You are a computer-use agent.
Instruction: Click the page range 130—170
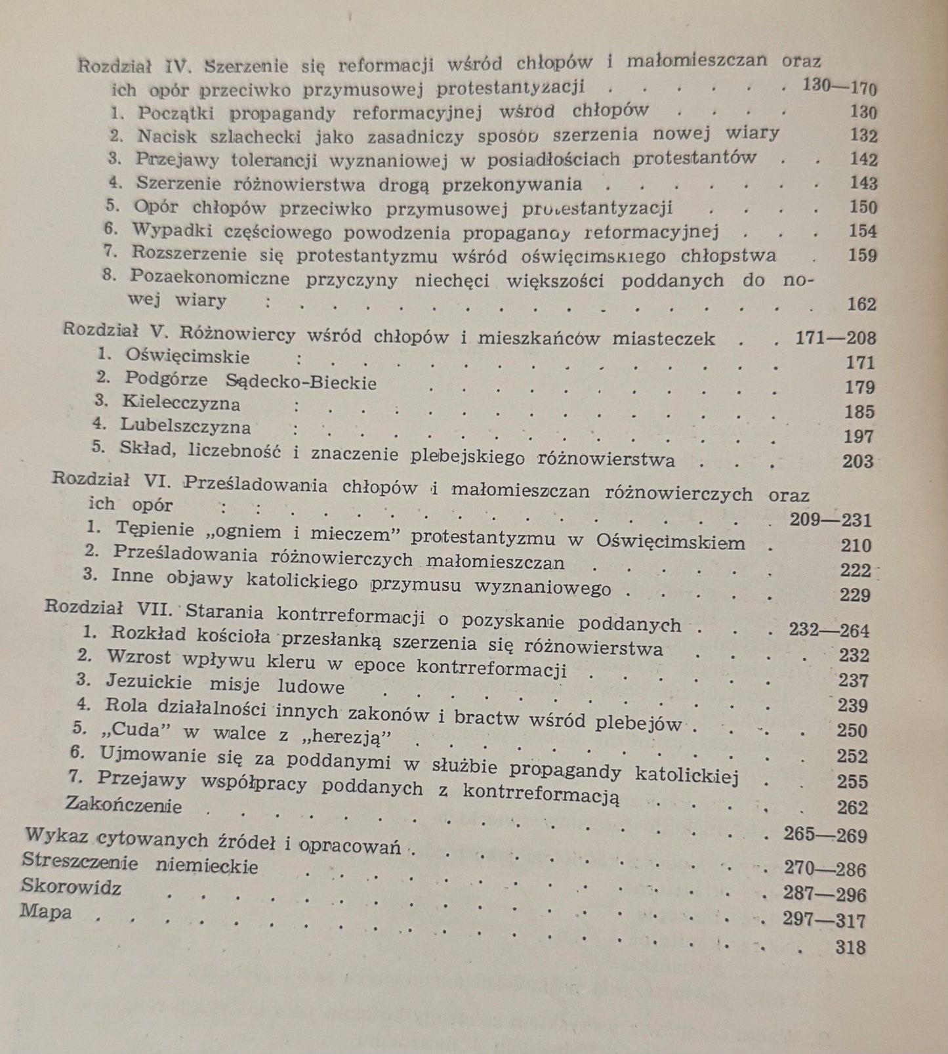[839, 87]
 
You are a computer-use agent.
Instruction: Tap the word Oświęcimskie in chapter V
[188, 357]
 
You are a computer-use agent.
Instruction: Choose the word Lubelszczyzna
[186, 426]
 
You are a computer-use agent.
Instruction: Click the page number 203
[858, 461]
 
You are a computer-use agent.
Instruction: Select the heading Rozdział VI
[112, 480]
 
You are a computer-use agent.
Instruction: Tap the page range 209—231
[831, 520]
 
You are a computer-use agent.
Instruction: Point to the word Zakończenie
[124, 805]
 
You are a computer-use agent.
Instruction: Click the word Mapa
[46, 912]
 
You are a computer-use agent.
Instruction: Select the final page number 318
[851, 947]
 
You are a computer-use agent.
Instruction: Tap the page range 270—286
[825, 869]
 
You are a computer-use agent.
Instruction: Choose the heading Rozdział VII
[108, 608]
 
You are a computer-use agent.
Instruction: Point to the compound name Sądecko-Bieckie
[301, 381]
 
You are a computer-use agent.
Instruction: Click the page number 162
[861, 304]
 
